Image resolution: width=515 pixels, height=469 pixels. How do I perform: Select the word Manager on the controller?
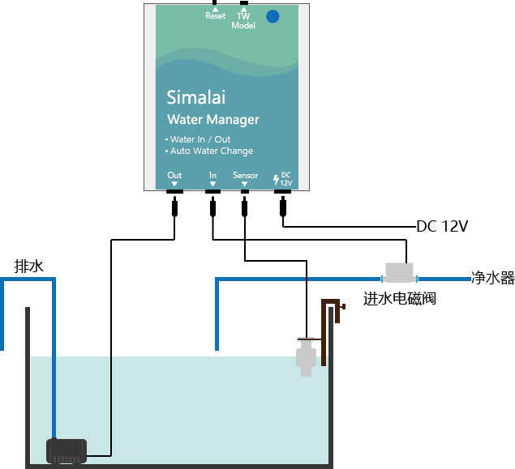(233, 120)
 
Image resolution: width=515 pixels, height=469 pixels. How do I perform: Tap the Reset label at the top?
(216, 16)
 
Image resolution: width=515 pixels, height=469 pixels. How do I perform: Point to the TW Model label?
(243, 20)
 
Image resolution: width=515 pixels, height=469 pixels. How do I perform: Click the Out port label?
(174, 175)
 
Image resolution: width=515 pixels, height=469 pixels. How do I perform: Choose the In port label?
(212, 175)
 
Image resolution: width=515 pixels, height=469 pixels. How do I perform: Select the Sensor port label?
(245, 175)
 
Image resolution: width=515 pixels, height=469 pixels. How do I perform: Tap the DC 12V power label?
(285, 179)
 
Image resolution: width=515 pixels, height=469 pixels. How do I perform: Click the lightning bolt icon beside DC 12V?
(276, 179)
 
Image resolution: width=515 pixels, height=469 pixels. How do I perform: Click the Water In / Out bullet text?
(200, 139)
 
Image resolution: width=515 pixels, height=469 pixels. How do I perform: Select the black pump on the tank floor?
(67, 450)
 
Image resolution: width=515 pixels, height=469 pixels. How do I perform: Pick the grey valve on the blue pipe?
(399, 272)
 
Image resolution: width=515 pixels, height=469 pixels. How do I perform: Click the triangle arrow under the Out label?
(174, 184)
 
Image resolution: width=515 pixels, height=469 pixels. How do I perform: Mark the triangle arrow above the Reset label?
(216, 9)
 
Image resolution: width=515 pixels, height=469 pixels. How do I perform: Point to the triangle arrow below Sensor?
(245, 184)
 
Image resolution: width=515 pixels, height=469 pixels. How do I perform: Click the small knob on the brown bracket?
(344, 307)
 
